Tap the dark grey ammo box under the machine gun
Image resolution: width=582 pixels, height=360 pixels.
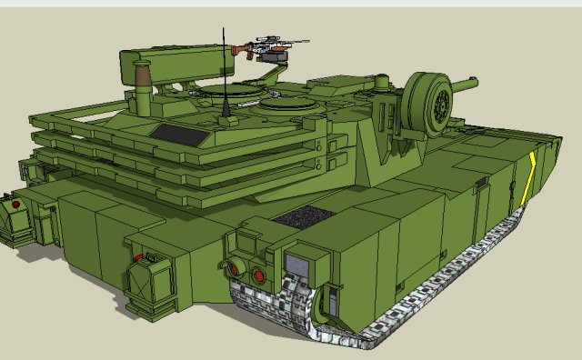(273, 55)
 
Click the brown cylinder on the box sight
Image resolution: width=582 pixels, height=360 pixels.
(141, 75)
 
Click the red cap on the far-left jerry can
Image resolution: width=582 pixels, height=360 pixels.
(15, 206)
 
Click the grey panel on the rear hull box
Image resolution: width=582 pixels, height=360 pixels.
(297, 265)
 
